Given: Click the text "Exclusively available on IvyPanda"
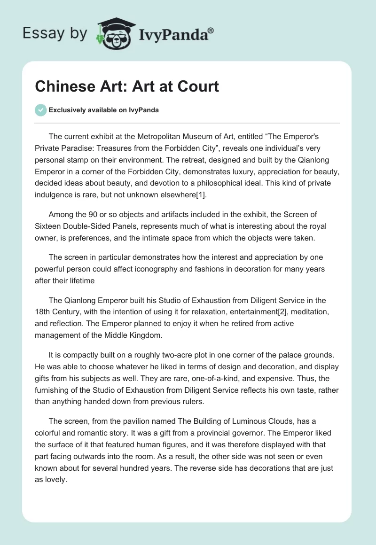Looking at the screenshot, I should (x=103, y=110).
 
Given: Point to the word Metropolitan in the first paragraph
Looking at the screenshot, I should (x=158, y=137).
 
